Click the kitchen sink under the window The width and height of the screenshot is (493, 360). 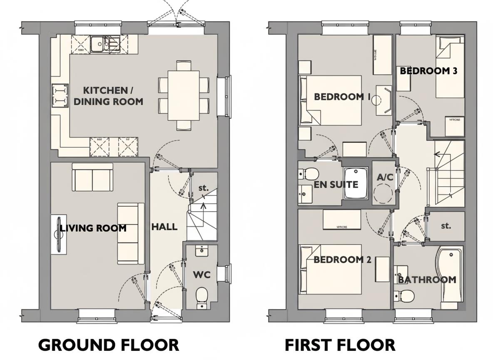tap(105, 43)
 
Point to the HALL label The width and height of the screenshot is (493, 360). tap(164, 227)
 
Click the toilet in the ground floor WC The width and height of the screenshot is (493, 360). tap(202, 296)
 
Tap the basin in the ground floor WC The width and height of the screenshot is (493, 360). tap(202, 251)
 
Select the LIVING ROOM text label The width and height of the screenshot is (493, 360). tap(93, 228)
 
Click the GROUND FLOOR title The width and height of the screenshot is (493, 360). tap(109, 345)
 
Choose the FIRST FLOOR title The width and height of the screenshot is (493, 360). tap(340, 345)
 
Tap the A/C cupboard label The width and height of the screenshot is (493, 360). tap(385, 177)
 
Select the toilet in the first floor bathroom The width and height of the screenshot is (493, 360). tap(404, 296)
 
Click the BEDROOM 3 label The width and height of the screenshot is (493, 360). tap(428, 71)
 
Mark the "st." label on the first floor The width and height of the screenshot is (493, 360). tap(446, 226)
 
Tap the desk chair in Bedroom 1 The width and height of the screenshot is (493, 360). tap(383, 100)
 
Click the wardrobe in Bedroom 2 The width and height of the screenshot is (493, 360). tap(342, 220)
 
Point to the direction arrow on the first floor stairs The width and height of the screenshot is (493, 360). tap(437, 154)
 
